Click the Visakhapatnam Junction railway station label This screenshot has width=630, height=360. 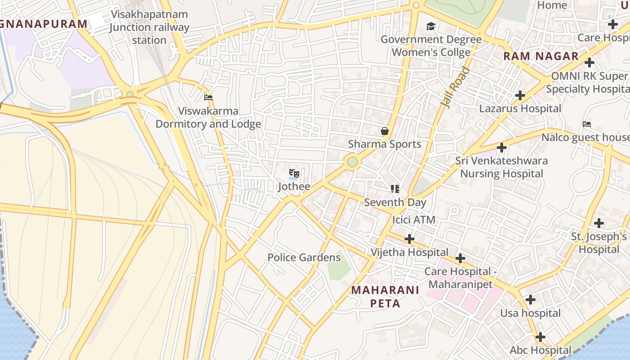(149, 27)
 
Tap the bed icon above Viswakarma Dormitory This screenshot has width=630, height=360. (208, 97)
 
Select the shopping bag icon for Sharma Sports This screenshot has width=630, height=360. (385, 131)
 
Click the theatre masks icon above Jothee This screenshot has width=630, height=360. (294, 173)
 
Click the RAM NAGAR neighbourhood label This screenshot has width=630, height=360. (540, 56)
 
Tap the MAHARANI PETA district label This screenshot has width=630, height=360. (385, 297)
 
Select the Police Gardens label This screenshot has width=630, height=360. (304, 257)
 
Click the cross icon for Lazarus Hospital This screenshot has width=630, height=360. (520, 95)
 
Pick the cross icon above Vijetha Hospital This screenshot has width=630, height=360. (409, 238)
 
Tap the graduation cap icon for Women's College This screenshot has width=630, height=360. (431, 27)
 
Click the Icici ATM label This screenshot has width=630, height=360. (414, 220)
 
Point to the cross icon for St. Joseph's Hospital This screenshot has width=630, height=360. (598, 223)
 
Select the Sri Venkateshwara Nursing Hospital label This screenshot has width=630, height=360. (501, 167)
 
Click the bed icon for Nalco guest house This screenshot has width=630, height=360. (586, 124)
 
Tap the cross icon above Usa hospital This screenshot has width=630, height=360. (531, 299)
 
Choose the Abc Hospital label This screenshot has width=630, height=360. (540, 350)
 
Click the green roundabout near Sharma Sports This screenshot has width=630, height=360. (352, 162)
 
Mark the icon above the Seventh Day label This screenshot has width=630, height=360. (395, 189)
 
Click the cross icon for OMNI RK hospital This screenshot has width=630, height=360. (589, 63)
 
